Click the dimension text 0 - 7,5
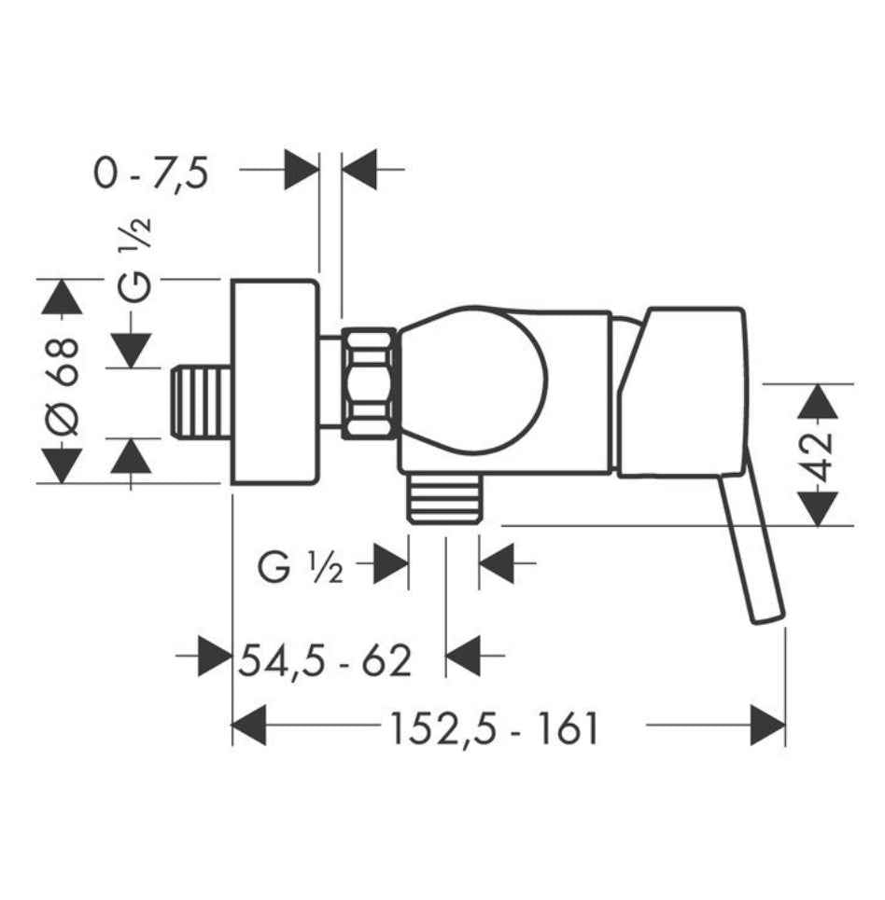150,173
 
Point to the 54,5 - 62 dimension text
324,660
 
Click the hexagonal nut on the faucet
371,382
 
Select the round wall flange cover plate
274,382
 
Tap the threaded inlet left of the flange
204,402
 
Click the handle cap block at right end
686,392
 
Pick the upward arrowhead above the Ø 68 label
63,297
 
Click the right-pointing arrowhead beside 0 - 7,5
301,170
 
